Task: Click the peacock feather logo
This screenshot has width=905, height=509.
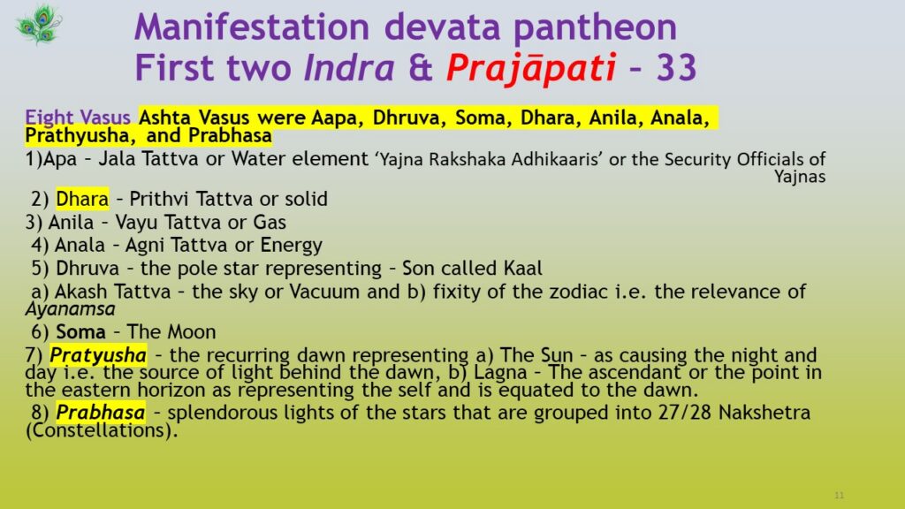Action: tap(39, 25)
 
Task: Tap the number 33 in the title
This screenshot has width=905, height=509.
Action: tap(676, 67)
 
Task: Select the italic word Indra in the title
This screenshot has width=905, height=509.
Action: tap(349, 67)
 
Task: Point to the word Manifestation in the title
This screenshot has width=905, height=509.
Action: tap(252, 27)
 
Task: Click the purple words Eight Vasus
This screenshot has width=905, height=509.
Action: tap(78, 118)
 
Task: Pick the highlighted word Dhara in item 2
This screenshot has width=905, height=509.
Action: tap(82, 199)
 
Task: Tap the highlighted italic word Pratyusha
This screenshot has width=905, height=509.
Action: tap(98, 355)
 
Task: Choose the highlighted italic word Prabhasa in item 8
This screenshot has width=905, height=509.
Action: tap(101, 413)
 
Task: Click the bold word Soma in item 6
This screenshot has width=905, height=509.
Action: tap(80, 332)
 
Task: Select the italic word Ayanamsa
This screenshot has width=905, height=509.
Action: tap(71, 309)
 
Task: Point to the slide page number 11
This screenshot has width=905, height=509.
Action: tap(840, 495)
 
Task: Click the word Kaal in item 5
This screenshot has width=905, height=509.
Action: tap(523, 268)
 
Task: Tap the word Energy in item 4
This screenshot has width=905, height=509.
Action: tap(292, 246)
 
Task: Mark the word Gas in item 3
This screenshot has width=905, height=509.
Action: tap(270, 222)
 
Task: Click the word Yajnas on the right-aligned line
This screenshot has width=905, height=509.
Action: tap(800, 176)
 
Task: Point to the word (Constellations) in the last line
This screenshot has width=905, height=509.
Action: tap(102, 430)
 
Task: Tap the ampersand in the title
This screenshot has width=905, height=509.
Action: tap(421, 67)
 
